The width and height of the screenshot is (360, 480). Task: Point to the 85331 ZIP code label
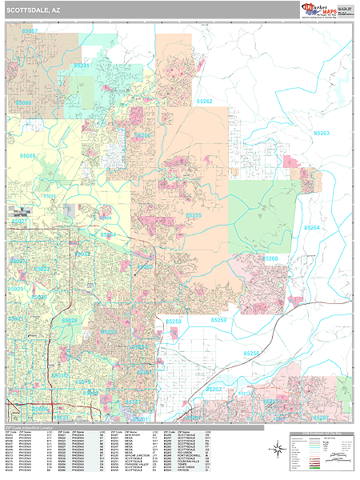pos(82,66)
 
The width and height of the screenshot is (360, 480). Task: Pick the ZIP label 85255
pos(194,215)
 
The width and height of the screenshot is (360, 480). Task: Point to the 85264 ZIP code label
pos(314,227)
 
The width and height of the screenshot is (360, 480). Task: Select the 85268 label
pos(270,258)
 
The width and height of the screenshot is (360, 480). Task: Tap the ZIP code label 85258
pos(174,320)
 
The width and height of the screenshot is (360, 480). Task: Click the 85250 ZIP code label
pos(218,320)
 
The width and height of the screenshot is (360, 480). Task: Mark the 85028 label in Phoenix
pos(69,321)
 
